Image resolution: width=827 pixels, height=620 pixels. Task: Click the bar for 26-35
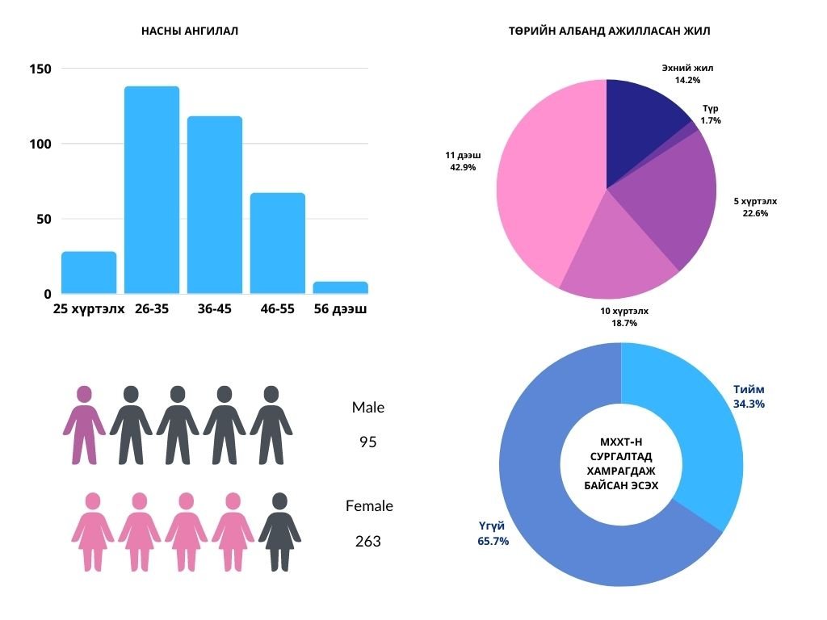(152, 190)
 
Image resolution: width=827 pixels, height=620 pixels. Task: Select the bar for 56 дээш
(340, 287)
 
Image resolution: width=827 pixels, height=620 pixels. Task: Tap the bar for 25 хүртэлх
(89, 272)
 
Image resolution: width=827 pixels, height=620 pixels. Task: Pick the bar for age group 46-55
(277, 243)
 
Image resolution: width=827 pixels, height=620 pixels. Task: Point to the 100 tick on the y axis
(41, 144)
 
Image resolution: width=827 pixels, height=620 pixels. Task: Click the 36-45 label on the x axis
(214, 308)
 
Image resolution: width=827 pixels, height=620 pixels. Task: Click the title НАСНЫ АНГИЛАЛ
(190, 31)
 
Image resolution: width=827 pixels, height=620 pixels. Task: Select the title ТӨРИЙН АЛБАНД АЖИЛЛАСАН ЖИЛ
(610, 31)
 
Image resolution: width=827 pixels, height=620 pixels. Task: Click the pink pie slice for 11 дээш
(541, 186)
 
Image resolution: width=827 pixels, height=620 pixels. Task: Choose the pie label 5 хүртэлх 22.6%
(755, 207)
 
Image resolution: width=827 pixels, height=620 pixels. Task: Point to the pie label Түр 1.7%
(711, 114)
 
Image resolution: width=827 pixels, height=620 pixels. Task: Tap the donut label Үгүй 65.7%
(493, 534)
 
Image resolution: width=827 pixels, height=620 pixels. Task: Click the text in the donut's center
(620, 464)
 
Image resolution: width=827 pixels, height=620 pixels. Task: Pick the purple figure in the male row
(84, 425)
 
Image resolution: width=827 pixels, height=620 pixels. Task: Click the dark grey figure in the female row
(279, 531)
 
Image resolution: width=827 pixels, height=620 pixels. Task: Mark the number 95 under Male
(368, 442)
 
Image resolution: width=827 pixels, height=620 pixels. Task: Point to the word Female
(369, 506)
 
